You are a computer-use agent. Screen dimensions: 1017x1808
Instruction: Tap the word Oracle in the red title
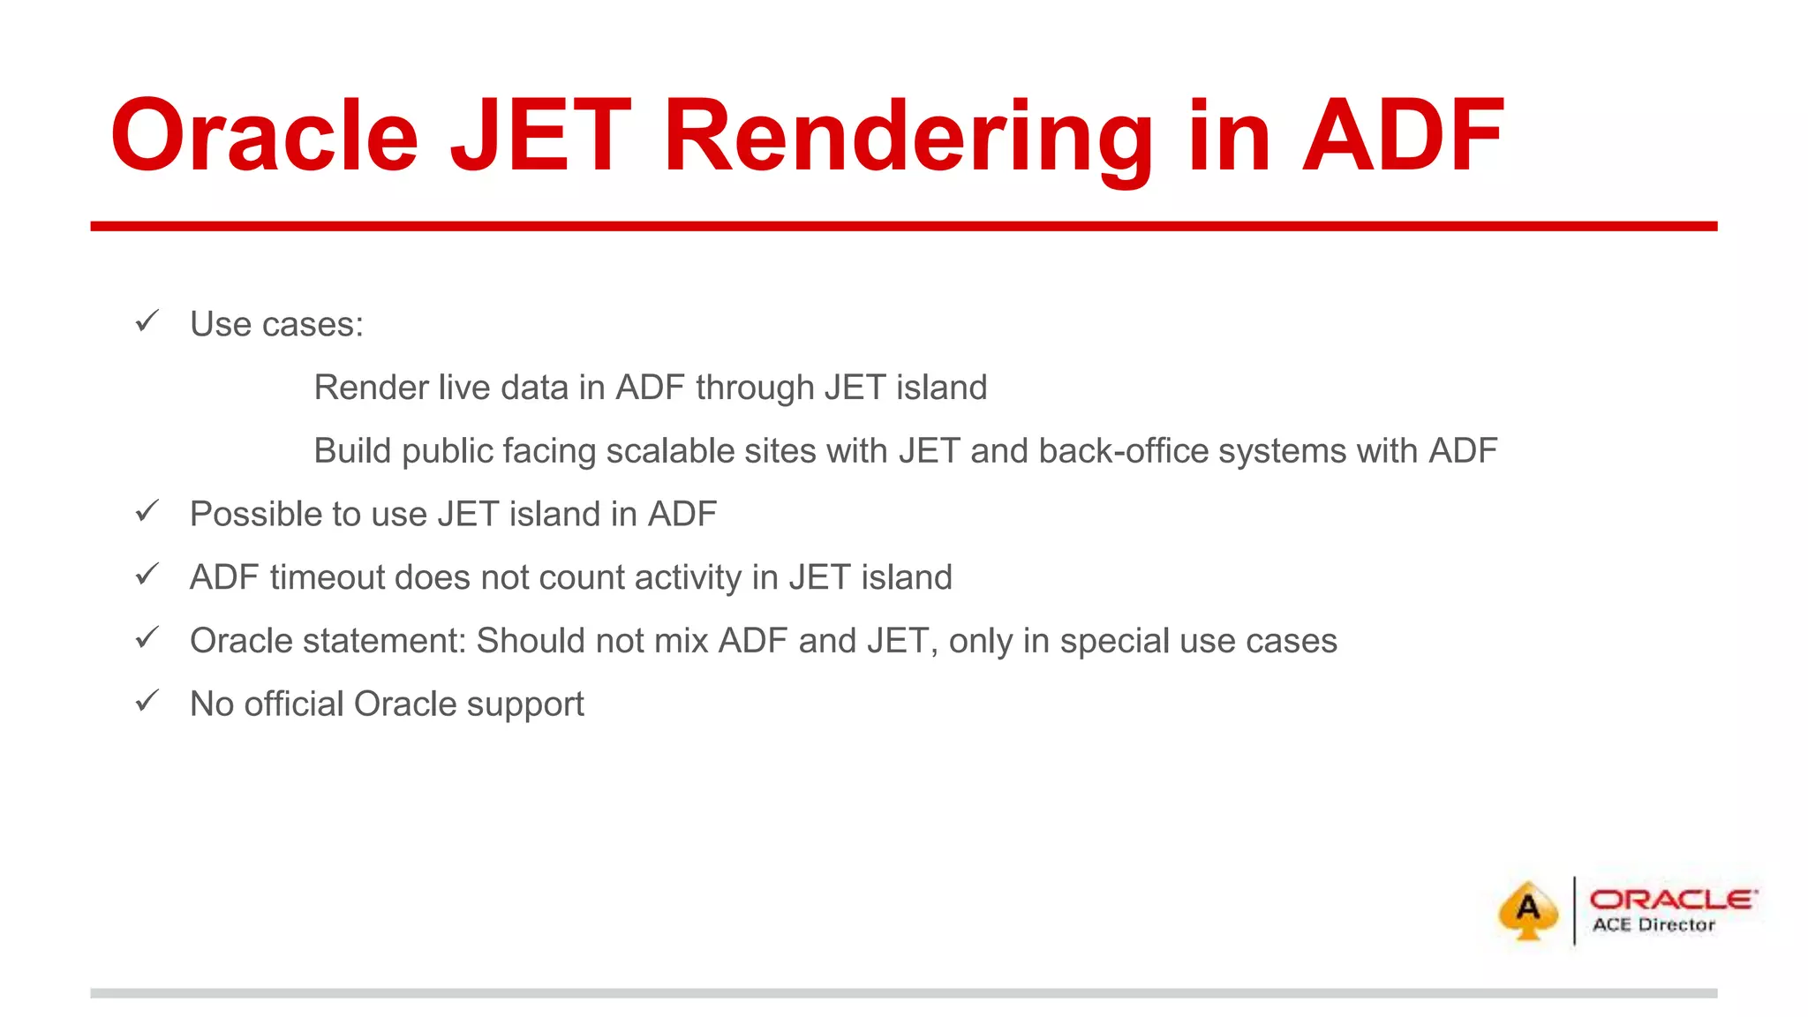pyautogui.click(x=264, y=137)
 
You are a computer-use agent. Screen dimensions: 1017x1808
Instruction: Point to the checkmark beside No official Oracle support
pyautogui.click(x=147, y=701)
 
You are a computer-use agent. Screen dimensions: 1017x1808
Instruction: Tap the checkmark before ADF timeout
pyautogui.click(x=147, y=575)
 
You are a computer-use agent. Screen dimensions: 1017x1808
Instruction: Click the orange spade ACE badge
pyautogui.click(x=1527, y=910)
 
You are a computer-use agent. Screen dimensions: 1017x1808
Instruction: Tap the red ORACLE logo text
pyautogui.click(x=1673, y=899)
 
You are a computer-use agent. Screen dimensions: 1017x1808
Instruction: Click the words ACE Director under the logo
pyautogui.click(x=1654, y=925)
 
